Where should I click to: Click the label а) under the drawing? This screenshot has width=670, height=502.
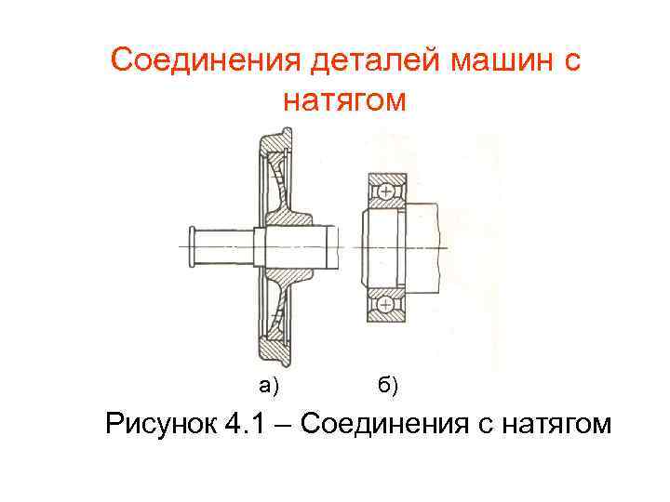coord(270,385)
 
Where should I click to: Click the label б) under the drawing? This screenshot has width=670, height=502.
coord(388,385)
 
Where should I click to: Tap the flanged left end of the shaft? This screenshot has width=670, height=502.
coord(191,246)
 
